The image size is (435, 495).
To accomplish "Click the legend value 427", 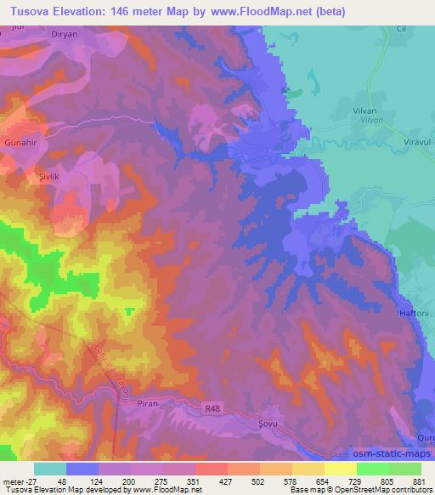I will pyautogui.click(x=226, y=481).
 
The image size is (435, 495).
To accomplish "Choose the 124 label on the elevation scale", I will pyautogui.click(x=97, y=481).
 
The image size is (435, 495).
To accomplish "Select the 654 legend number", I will pyautogui.click(x=323, y=481).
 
